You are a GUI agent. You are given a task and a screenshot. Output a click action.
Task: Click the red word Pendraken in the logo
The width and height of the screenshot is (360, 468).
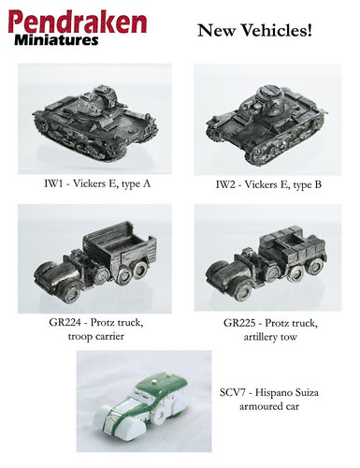(x=78, y=22)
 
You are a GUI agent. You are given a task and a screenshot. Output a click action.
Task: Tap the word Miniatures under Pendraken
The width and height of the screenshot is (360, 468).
(x=56, y=40)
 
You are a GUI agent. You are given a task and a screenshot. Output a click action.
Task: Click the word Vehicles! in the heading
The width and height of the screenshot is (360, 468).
(x=277, y=31)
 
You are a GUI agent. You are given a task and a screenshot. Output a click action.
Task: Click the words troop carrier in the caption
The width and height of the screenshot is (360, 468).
(x=96, y=337)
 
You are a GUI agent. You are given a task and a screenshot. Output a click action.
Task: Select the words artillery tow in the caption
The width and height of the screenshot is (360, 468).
(x=270, y=337)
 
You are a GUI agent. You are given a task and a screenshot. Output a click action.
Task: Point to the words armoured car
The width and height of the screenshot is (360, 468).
(x=269, y=406)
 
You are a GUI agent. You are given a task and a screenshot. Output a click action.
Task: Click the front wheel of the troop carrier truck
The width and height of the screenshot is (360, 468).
(x=71, y=293)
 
